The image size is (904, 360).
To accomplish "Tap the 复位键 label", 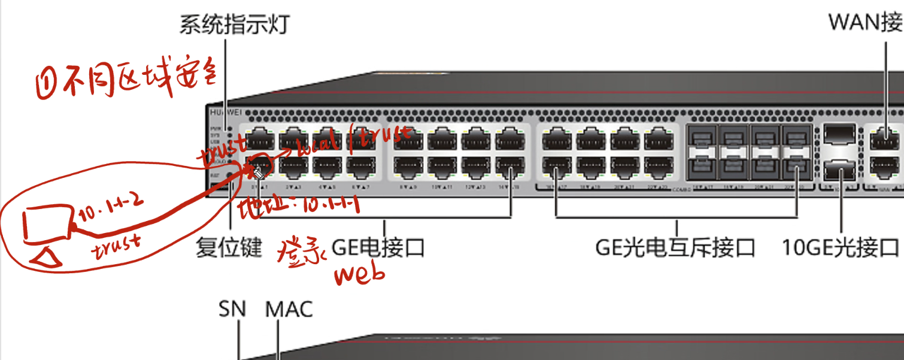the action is pyautogui.click(x=229, y=247).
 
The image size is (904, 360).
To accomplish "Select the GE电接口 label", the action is pyautogui.click(x=378, y=247).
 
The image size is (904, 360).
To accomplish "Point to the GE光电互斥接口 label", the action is pyautogui.click(x=675, y=247).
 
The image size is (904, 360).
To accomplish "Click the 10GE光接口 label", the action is pyautogui.click(x=841, y=247).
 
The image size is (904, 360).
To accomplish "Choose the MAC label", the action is pyautogui.click(x=289, y=310).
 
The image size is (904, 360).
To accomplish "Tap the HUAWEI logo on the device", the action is pyautogui.click(x=223, y=112).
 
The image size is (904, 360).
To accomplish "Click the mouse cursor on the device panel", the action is pyautogui.click(x=258, y=174).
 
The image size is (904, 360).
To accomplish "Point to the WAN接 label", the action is pyautogui.click(x=865, y=23).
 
